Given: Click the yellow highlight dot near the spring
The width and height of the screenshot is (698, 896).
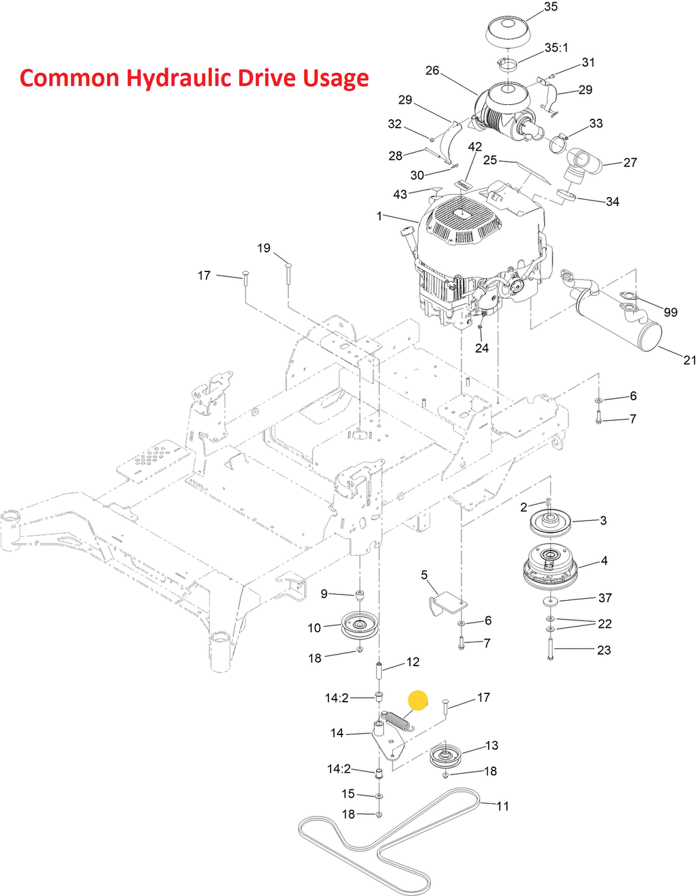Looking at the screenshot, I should click(417, 700).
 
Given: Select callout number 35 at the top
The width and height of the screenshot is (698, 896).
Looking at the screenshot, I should click(550, 7).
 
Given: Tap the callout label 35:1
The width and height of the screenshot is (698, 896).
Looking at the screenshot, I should click(556, 48).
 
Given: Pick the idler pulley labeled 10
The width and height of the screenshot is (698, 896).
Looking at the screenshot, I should click(360, 626).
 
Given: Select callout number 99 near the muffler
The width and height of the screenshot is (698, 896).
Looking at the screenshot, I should click(671, 312).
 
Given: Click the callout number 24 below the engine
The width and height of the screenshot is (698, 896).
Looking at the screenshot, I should click(482, 348).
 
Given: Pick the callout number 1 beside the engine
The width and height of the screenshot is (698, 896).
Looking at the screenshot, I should click(379, 216).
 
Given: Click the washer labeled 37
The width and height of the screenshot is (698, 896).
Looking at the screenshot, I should click(549, 601).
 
